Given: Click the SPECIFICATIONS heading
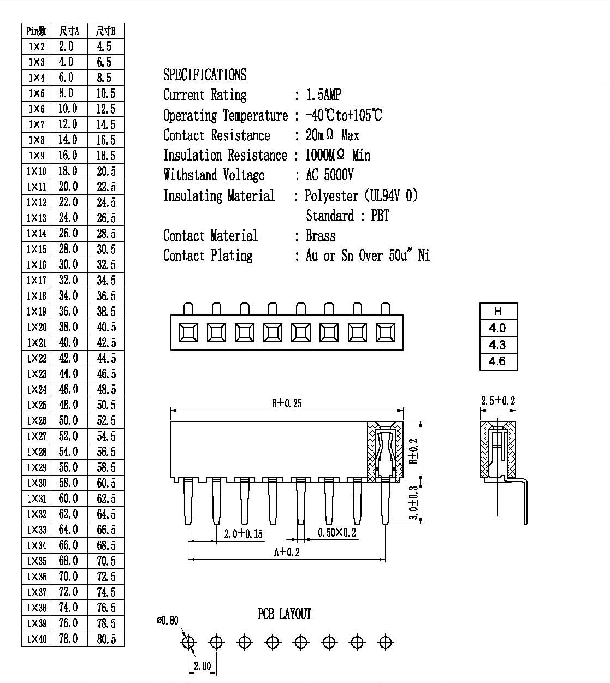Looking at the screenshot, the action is pos(205,74).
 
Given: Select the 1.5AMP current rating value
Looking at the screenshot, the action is pos(323,95).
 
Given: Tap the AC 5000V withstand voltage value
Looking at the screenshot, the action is pos(329,175).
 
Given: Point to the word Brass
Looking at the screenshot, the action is pos(321,236).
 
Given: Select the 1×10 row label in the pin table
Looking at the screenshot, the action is pos(37,171).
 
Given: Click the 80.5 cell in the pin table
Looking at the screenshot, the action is pos(106,639).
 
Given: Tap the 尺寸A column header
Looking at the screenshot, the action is pos(69,31).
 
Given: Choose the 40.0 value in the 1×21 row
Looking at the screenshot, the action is pos(68,342).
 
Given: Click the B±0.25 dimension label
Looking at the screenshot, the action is pos(287,403).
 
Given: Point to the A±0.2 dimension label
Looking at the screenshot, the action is pos(287,552).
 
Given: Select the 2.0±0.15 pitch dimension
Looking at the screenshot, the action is pos(243,533).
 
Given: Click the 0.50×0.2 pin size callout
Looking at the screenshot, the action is pos(337,533).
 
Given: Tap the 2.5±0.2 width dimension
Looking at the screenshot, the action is pos(498,401).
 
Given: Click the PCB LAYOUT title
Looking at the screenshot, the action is pos(285,614).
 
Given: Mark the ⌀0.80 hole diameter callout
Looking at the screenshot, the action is pos(168,620).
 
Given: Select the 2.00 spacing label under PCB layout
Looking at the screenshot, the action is pos(202,666).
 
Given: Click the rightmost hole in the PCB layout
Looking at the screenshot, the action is pos(385,642).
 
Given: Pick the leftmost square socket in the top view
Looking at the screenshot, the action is pos(188,332).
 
